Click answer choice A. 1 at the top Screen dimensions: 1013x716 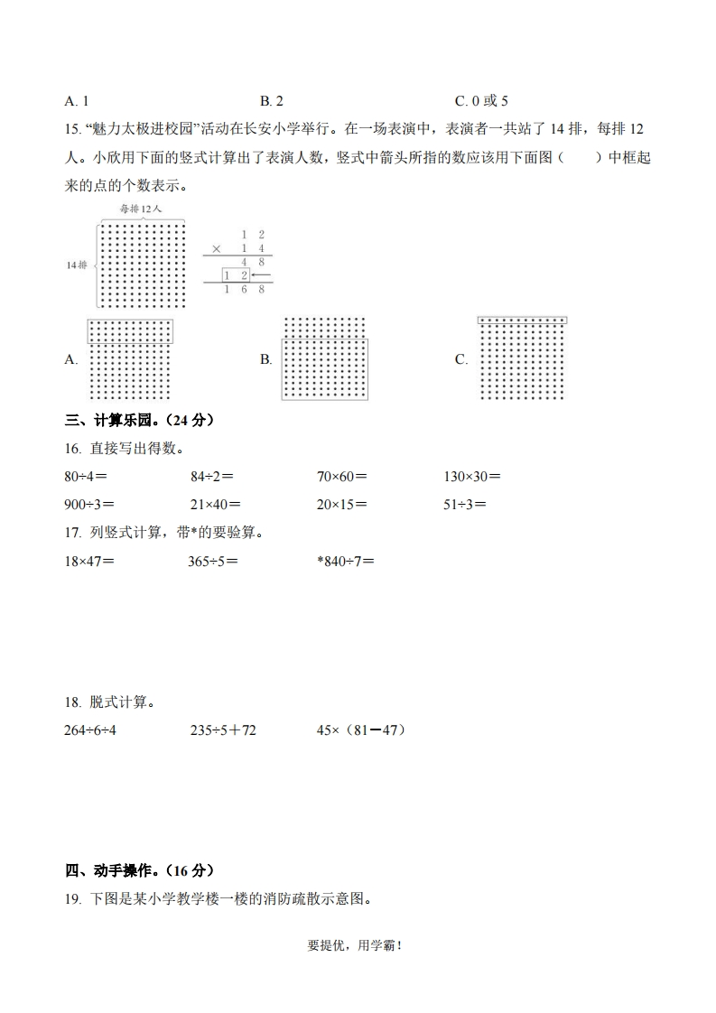click(77, 101)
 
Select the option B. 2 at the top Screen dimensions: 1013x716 click(272, 101)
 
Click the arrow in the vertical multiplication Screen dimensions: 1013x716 click(261, 274)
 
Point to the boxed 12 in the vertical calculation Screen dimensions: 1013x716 click(237, 274)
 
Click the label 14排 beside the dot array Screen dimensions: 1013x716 click(77, 265)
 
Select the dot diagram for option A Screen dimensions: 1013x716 click(130, 358)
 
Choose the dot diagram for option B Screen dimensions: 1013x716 click(324, 358)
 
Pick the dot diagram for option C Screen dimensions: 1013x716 click(521, 358)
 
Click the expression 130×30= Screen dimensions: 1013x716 click(472, 477)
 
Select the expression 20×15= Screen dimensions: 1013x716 click(341, 505)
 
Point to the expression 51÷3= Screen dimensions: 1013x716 click(465, 505)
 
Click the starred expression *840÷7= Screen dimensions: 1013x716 click(345, 561)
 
